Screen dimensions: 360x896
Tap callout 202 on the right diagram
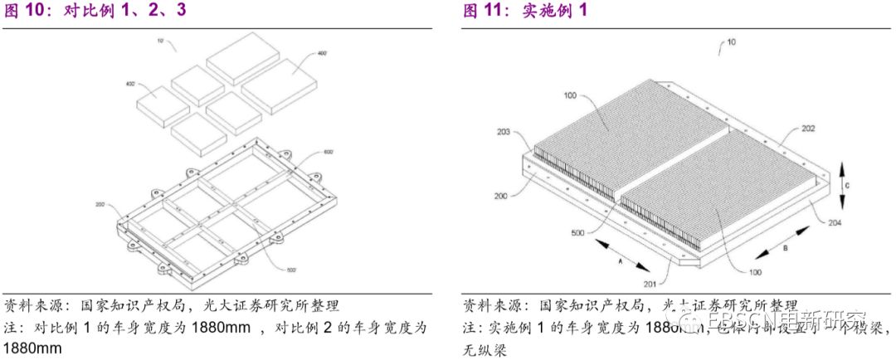point(785,128)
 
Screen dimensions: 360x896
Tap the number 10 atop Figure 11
point(730,41)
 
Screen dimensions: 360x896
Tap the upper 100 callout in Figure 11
point(570,96)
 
